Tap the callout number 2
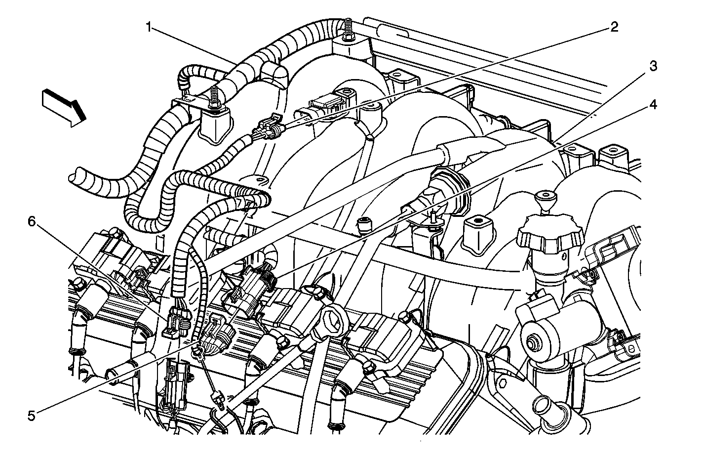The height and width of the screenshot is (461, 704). pos(614,27)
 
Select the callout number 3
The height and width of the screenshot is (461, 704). pos(653,66)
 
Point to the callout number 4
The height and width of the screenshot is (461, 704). pos(653,105)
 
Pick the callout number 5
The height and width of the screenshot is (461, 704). pos(32,416)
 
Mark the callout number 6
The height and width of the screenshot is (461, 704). pos(32,222)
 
